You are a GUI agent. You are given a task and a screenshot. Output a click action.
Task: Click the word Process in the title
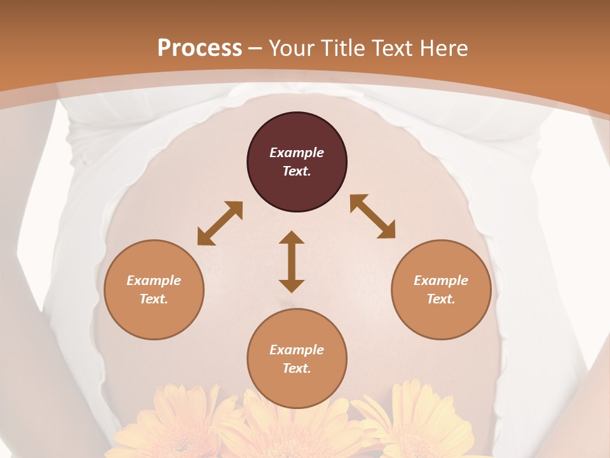[x=200, y=48]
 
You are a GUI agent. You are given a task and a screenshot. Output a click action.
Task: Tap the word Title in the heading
[x=342, y=48]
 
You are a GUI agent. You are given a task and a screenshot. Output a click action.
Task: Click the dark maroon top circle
[x=297, y=162]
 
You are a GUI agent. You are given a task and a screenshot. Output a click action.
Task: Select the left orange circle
[x=154, y=289]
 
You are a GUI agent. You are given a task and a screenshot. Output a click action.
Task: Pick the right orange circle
[x=441, y=289]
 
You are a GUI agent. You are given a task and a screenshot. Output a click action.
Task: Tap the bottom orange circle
[x=297, y=359]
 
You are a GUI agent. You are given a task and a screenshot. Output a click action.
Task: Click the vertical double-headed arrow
[x=292, y=261]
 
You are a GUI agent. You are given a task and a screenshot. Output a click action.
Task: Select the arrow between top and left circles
[x=220, y=223]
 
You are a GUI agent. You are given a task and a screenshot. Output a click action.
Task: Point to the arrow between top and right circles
[x=373, y=216]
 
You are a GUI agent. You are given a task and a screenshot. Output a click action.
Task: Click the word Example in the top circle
[x=297, y=153]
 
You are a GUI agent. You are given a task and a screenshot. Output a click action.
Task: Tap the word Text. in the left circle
[x=154, y=299]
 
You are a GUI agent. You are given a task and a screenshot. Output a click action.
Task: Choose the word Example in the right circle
[x=441, y=281]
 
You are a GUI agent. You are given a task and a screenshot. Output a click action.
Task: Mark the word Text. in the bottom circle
[x=297, y=368]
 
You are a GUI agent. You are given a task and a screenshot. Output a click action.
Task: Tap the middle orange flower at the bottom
[x=289, y=429]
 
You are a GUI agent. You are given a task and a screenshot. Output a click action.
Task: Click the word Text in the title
[x=391, y=48]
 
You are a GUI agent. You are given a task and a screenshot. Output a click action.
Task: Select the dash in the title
[x=255, y=48]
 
